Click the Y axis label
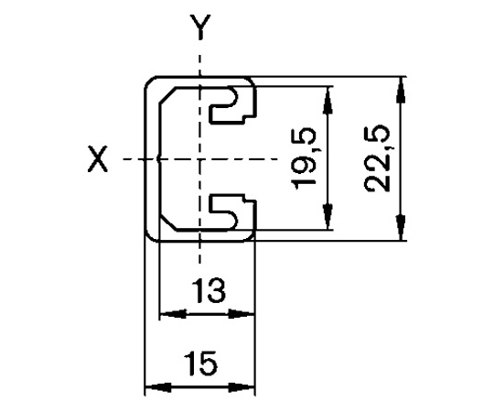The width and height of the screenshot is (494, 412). (200, 27)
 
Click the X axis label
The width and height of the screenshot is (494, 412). (98, 159)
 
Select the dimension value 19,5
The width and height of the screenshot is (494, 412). (304, 158)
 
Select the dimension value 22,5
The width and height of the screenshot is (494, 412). (378, 158)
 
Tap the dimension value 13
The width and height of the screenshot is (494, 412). (208, 290)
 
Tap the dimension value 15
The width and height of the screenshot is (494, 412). (200, 363)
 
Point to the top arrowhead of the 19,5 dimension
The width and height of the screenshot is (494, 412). (328, 99)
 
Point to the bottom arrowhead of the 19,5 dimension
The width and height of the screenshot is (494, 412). (328, 217)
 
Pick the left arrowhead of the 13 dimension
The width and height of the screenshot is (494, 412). (173, 314)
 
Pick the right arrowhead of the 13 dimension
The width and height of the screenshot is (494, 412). (241, 314)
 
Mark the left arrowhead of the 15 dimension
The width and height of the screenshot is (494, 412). (158, 386)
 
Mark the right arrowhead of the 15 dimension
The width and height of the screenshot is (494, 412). (241, 386)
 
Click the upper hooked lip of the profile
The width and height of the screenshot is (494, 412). (234, 105)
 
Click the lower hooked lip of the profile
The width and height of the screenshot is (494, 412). (234, 212)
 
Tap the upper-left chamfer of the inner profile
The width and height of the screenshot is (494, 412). (167, 94)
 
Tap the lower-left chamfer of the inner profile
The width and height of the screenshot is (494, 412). (168, 223)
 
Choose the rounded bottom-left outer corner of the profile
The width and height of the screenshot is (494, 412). (149, 237)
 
